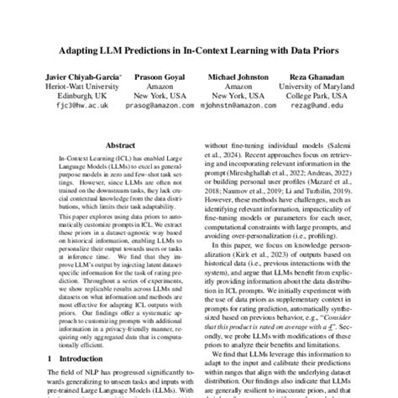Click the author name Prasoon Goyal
pyautogui.click(x=158, y=77)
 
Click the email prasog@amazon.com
pyautogui.click(x=158, y=107)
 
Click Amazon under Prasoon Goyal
pyautogui.click(x=158, y=86)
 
